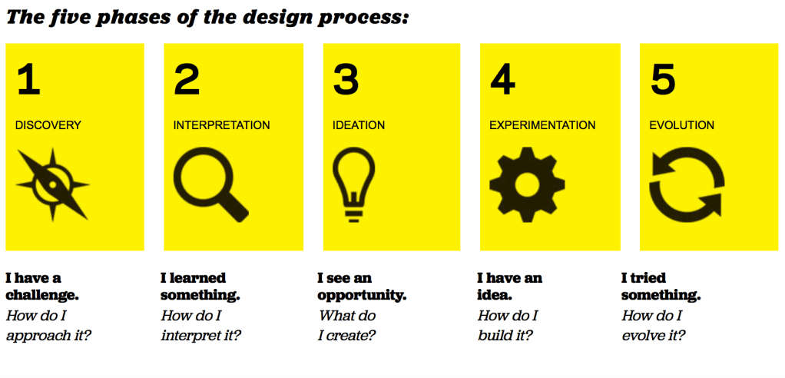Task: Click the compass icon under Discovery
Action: (52, 184)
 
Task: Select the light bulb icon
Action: (353, 184)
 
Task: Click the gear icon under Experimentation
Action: (527, 184)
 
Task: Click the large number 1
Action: (28, 80)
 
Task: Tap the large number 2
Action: (186, 80)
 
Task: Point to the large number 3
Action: (346, 80)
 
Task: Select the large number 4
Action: (502, 80)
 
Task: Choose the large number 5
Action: (663, 80)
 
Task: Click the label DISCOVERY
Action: (48, 125)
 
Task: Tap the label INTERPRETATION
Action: (222, 125)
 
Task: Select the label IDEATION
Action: (359, 125)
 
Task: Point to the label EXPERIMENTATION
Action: (543, 125)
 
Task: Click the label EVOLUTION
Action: (682, 125)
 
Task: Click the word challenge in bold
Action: (42, 295)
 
